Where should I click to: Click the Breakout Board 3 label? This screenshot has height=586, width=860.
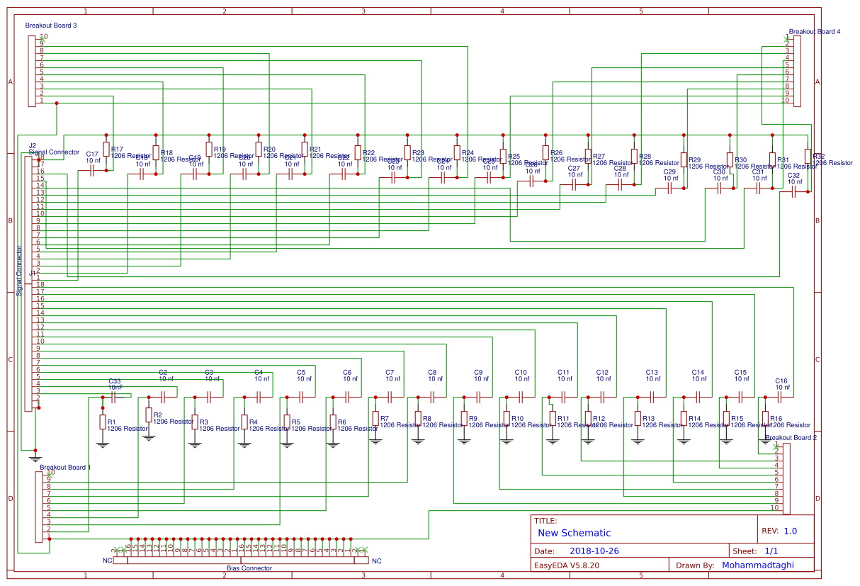[x=51, y=26]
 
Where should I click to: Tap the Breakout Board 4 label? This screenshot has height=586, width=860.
[x=815, y=32]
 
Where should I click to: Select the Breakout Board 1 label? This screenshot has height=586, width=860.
[x=65, y=468]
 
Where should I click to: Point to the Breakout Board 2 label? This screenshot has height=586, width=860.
[x=791, y=438]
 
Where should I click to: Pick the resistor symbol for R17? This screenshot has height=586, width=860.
[x=106, y=149]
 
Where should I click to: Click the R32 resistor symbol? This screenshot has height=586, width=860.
[x=808, y=156]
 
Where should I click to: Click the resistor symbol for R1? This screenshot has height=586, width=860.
[x=102, y=423]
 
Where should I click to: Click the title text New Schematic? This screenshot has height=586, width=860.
[x=574, y=533]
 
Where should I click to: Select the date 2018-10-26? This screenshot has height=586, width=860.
[x=594, y=551]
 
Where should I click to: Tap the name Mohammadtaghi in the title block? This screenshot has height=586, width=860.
[x=757, y=565]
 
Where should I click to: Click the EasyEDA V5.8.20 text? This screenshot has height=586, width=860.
[x=567, y=565]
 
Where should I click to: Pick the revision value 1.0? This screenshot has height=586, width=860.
[x=790, y=531]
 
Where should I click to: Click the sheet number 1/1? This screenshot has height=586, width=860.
[x=772, y=551]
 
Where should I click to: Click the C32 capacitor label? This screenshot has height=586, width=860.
[x=793, y=175]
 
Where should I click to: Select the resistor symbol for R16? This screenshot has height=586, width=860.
[x=765, y=418]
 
